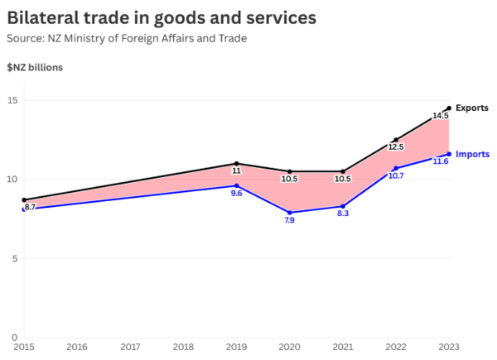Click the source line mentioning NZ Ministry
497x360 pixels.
[x=126, y=38]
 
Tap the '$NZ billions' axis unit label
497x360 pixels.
[x=35, y=67]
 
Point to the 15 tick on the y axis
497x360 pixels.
[x=12, y=101]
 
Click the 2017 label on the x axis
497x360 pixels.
[x=130, y=347]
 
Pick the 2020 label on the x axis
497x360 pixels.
[x=289, y=347]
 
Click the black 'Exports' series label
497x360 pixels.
[x=472, y=108]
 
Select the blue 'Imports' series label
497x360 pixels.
[x=472, y=154]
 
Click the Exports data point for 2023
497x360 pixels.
[x=449, y=108]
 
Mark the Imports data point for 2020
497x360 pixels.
[x=290, y=213]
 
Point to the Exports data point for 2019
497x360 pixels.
[x=237, y=164]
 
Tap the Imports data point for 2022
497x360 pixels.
[x=396, y=168]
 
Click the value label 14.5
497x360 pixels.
[x=440, y=116]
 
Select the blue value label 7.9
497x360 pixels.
[x=290, y=221]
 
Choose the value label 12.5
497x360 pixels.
[x=396, y=147]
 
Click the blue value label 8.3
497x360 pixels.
[x=343, y=214]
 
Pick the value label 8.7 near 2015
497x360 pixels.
[x=30, y=207]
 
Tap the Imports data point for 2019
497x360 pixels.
[x=237, y=185]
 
